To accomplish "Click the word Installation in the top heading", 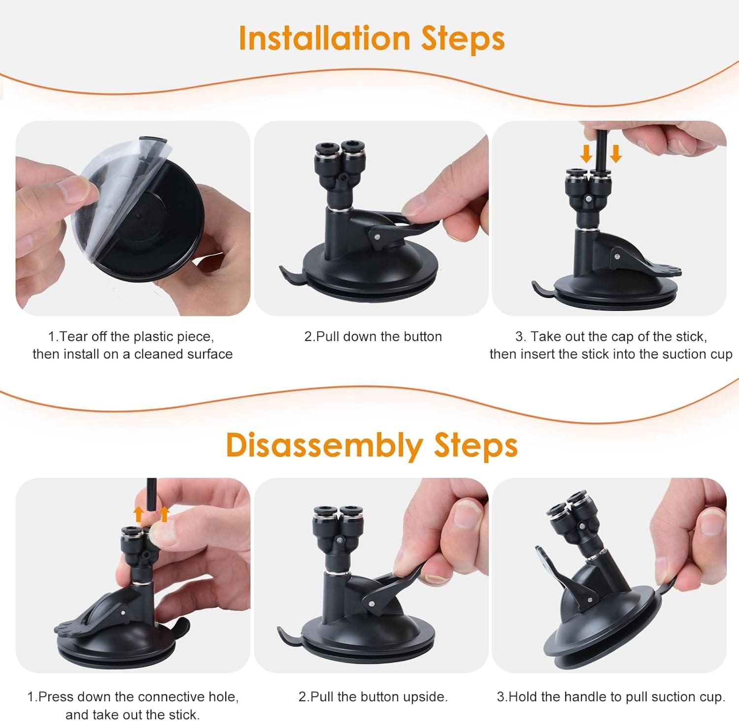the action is pos(324,38).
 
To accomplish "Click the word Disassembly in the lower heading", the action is pos(324,445).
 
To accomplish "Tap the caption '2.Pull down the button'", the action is pos(373,337).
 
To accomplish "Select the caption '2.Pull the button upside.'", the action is pos(373,697).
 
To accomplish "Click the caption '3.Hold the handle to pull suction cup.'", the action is pos(611,697).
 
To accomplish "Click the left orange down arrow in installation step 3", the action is pos(586,154).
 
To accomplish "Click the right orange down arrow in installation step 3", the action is pos(616,154).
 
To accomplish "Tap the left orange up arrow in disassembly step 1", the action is pos(139,514).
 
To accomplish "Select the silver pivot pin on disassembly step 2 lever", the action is pos(369,602).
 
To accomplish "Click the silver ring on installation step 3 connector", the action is pos(586,229).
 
